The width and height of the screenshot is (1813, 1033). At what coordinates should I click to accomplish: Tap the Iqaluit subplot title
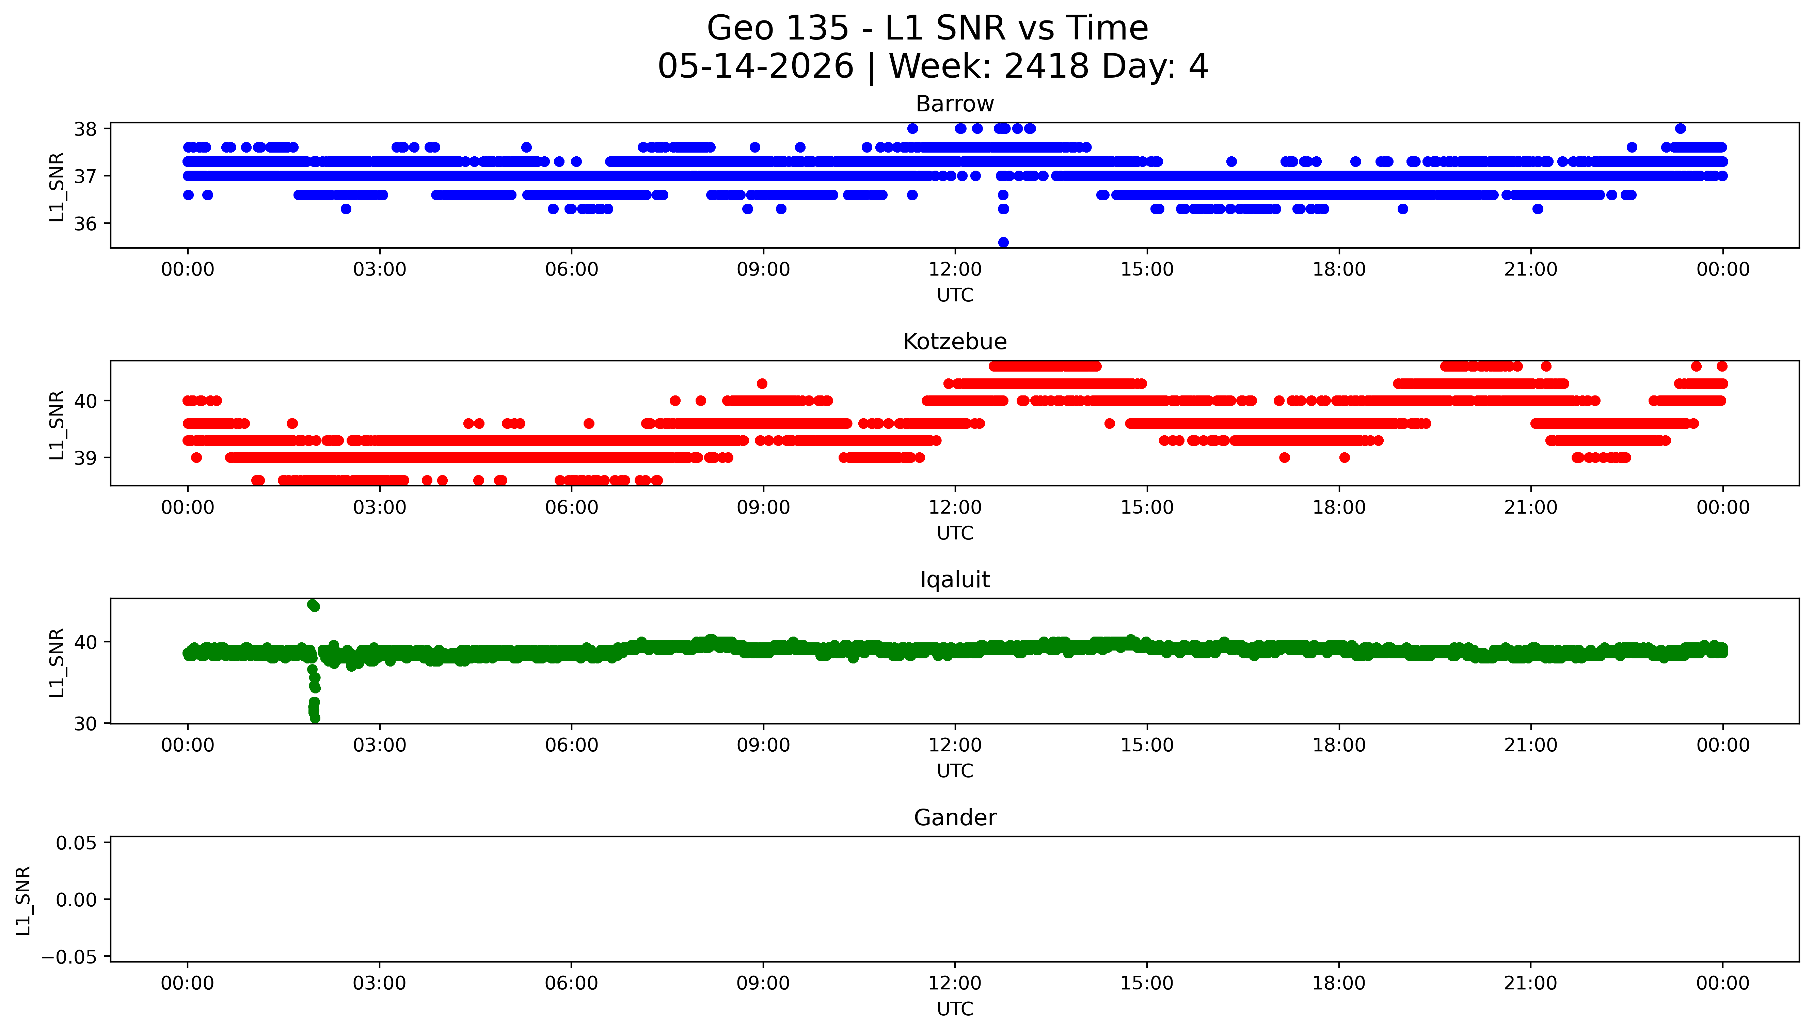954,580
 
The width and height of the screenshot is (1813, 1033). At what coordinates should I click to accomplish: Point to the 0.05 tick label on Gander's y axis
77,843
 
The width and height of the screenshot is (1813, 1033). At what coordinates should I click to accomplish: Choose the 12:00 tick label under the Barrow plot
955,270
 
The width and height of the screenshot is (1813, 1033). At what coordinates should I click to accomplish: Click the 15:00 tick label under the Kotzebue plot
1147,507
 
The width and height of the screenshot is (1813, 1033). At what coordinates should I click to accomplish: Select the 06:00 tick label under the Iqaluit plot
572,745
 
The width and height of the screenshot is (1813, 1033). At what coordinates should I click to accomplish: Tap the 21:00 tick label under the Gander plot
1531,983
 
